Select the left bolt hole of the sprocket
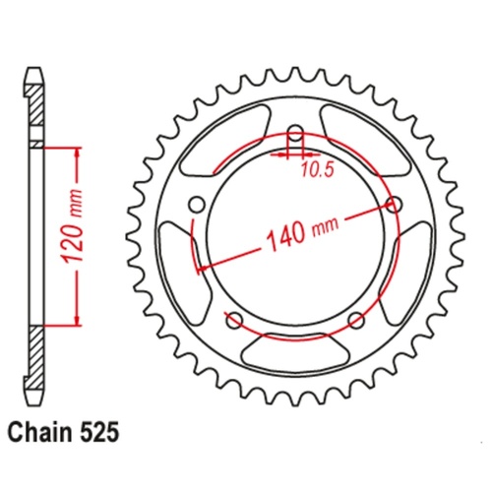pyautogui.click(x=196, y=206)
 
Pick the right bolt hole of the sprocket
pyautogui.click(x=396, y=206)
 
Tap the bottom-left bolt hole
pyautogui.click(x=234, y=319)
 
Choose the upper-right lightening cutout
pyautogui.click(x=361, y=137)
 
